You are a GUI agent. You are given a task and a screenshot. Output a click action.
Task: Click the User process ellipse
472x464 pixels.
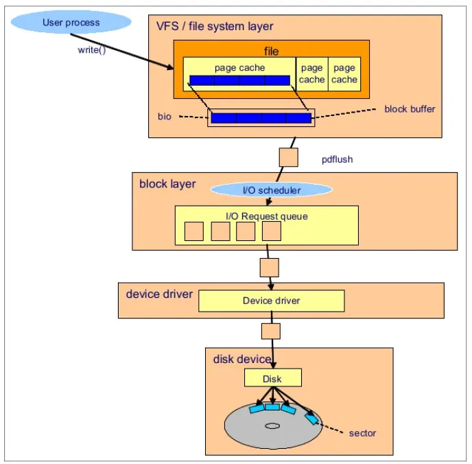coord(71,22)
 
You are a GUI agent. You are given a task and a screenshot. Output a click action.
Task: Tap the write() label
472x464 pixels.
coord(92,50)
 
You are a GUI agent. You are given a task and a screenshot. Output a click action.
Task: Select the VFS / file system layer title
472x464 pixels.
coord(215,27)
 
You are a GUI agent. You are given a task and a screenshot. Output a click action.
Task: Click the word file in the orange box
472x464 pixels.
coord(271,51)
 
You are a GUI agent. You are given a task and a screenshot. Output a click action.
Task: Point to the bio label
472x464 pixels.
coord(165,117)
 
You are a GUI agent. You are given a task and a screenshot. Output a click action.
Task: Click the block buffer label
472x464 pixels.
coord(410,109)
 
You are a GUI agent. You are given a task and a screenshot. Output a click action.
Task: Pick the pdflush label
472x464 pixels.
coord(337,159)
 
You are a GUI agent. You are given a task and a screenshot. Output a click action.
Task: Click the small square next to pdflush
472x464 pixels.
coord(289,157)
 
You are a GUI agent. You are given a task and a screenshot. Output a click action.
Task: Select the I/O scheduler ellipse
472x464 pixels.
coord(272,190)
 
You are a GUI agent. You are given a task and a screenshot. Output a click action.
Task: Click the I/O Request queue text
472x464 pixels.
coord(267,216)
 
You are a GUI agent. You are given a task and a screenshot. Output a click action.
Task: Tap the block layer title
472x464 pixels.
coord(167,184)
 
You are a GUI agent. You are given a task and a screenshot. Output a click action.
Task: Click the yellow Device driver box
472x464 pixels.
coord(272,301)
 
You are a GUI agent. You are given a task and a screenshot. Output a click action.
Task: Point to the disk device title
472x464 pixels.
coord(242,359)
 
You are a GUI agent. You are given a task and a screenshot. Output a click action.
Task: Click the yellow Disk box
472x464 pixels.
coord(273,378)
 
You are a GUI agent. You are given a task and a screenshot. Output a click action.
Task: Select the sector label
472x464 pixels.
coord(362,433)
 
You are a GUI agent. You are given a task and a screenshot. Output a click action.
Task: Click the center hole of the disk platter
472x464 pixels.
coord(272,426)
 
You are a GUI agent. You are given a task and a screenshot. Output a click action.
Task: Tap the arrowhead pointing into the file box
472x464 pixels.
coord(170,67)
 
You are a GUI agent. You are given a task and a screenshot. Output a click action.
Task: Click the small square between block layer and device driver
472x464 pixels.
coord(270,268)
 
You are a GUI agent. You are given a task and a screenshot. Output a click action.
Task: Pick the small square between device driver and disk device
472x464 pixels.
coord(271,332)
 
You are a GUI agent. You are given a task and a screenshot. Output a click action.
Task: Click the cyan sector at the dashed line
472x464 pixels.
coord(311,419)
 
